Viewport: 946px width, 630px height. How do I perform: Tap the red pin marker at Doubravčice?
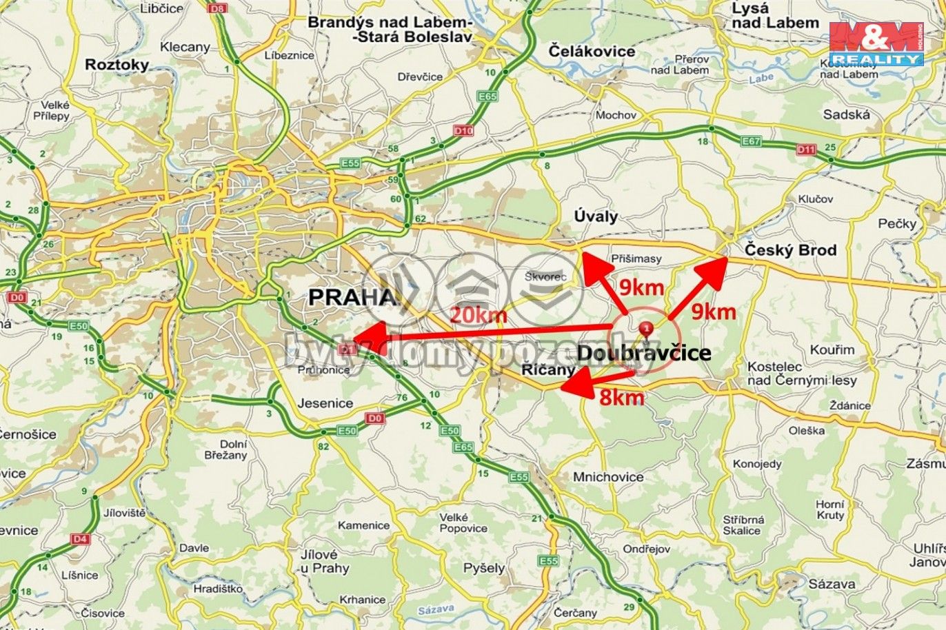(646, 329)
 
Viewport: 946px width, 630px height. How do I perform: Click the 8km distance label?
(621, 397)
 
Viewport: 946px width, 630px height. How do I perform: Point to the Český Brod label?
(790, 250)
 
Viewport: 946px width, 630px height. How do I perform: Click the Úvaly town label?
(596, 216)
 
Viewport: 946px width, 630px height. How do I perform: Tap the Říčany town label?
(547, 369)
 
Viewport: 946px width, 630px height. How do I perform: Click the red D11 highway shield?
(805, 149)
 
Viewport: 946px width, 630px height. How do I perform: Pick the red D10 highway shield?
(463, 130)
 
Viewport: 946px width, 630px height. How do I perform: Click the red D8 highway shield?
(218, 8)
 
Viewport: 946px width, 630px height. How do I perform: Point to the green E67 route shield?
(750, 141)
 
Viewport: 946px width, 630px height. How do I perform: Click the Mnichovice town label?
(608, 477)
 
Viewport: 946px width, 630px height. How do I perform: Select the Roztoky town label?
(117, 65)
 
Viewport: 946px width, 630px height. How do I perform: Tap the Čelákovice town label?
(592, 51)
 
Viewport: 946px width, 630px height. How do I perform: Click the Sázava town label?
(832, 585)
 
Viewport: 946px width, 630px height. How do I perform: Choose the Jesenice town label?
(325, 403)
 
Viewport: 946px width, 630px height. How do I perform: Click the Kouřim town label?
(832, 350)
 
